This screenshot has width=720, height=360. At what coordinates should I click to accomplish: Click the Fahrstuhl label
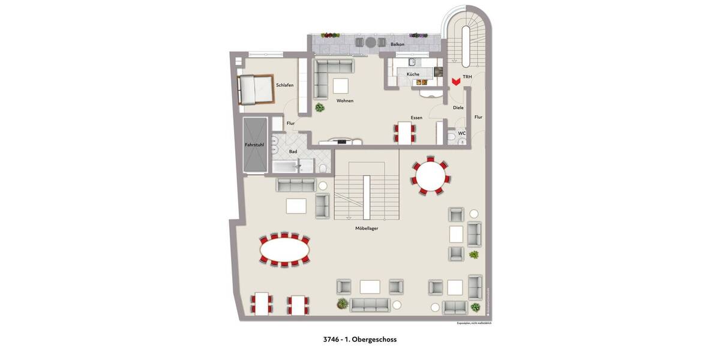[254, 145]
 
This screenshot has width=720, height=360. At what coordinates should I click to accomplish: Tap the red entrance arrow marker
[456, 80]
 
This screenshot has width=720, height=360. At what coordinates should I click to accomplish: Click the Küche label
[413, 74]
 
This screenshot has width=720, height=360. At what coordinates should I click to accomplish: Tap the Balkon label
[397, 44]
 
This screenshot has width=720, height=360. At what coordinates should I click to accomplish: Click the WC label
[461, 133]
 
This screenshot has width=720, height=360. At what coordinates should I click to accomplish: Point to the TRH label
[467, 77]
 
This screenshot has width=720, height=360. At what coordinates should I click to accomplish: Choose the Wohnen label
[345, 101]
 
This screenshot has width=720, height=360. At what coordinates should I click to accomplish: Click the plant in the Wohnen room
[320, 108]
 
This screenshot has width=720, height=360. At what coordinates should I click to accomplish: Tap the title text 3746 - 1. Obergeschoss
[359, 339]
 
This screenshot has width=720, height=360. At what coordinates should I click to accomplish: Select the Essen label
[416, 118]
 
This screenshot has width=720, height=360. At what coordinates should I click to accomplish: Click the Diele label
[458, 108]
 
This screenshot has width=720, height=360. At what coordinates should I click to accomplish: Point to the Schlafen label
[284, 85]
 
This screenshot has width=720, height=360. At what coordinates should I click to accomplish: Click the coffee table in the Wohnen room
[342, 85]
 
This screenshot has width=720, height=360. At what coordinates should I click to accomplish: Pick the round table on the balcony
[371, 43]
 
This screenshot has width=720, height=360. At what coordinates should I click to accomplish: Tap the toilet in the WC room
[451, 139]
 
